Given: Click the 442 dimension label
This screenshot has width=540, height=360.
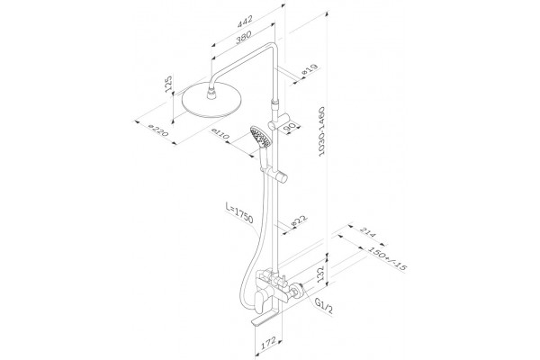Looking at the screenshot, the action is point(245,21).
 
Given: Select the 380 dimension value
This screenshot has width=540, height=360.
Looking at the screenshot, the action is point(244,37).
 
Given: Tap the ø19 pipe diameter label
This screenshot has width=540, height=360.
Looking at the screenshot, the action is point(309,70).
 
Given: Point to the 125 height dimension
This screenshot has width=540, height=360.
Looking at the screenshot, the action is point(168,84).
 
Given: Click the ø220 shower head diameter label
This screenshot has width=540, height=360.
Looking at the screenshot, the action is point(158,130).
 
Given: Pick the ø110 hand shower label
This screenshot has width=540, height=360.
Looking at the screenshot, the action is point(220,134).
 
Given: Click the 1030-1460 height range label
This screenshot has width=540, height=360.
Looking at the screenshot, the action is point(321,132).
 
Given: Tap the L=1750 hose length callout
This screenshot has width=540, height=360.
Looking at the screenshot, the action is point(239,213).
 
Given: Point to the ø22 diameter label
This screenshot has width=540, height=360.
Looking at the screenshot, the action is point(300,220).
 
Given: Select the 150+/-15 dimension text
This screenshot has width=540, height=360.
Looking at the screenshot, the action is point(387,258).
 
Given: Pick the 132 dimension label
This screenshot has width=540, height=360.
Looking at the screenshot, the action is point(321,274).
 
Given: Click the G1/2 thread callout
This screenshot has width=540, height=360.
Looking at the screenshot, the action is point(324,306).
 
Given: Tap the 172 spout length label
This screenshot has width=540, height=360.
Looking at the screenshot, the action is point(267,344).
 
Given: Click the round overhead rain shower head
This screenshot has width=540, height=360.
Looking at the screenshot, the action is point(211,101).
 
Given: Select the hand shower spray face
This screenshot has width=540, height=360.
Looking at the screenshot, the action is point(260,137).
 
